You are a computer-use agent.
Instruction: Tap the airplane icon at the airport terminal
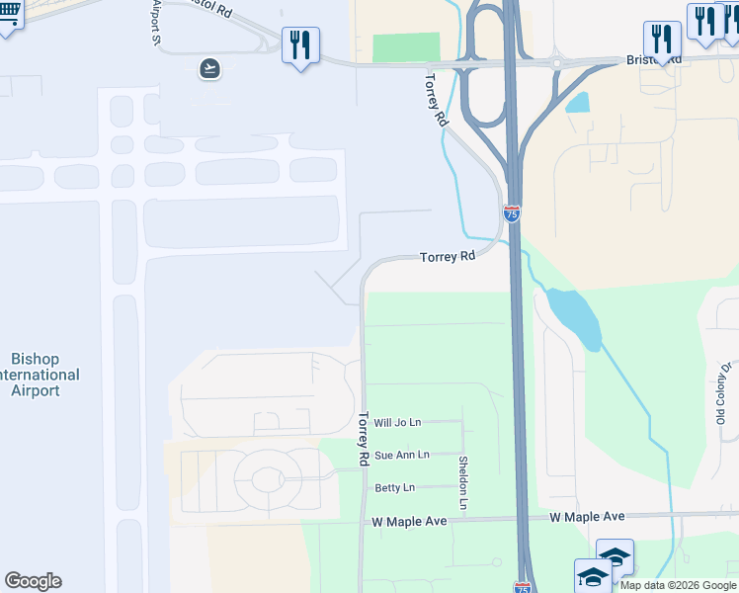point(209,68)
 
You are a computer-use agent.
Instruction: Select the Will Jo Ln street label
point(397,422)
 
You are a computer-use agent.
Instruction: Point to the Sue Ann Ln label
point(401,455)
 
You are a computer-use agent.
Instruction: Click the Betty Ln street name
point(394,488)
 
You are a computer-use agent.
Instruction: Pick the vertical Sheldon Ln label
point(462,483)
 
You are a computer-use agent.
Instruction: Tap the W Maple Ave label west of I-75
point(409,521)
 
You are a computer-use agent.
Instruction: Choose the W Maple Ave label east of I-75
point(587,516)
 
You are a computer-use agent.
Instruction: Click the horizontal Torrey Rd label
point(448,256)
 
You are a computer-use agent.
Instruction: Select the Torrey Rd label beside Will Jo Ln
point(363,439)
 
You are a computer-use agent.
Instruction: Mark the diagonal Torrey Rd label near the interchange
point(437,99)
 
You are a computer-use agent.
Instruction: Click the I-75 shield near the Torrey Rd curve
point(511,213)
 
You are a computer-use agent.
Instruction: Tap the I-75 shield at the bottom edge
point(523,587)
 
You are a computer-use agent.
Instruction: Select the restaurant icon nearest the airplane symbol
point(299,44)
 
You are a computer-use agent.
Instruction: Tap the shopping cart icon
point(8,15)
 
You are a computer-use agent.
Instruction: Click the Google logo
point(34,581)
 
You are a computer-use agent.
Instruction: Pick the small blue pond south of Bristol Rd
point(578,102)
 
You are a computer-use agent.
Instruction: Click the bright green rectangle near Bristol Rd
point(405,48)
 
